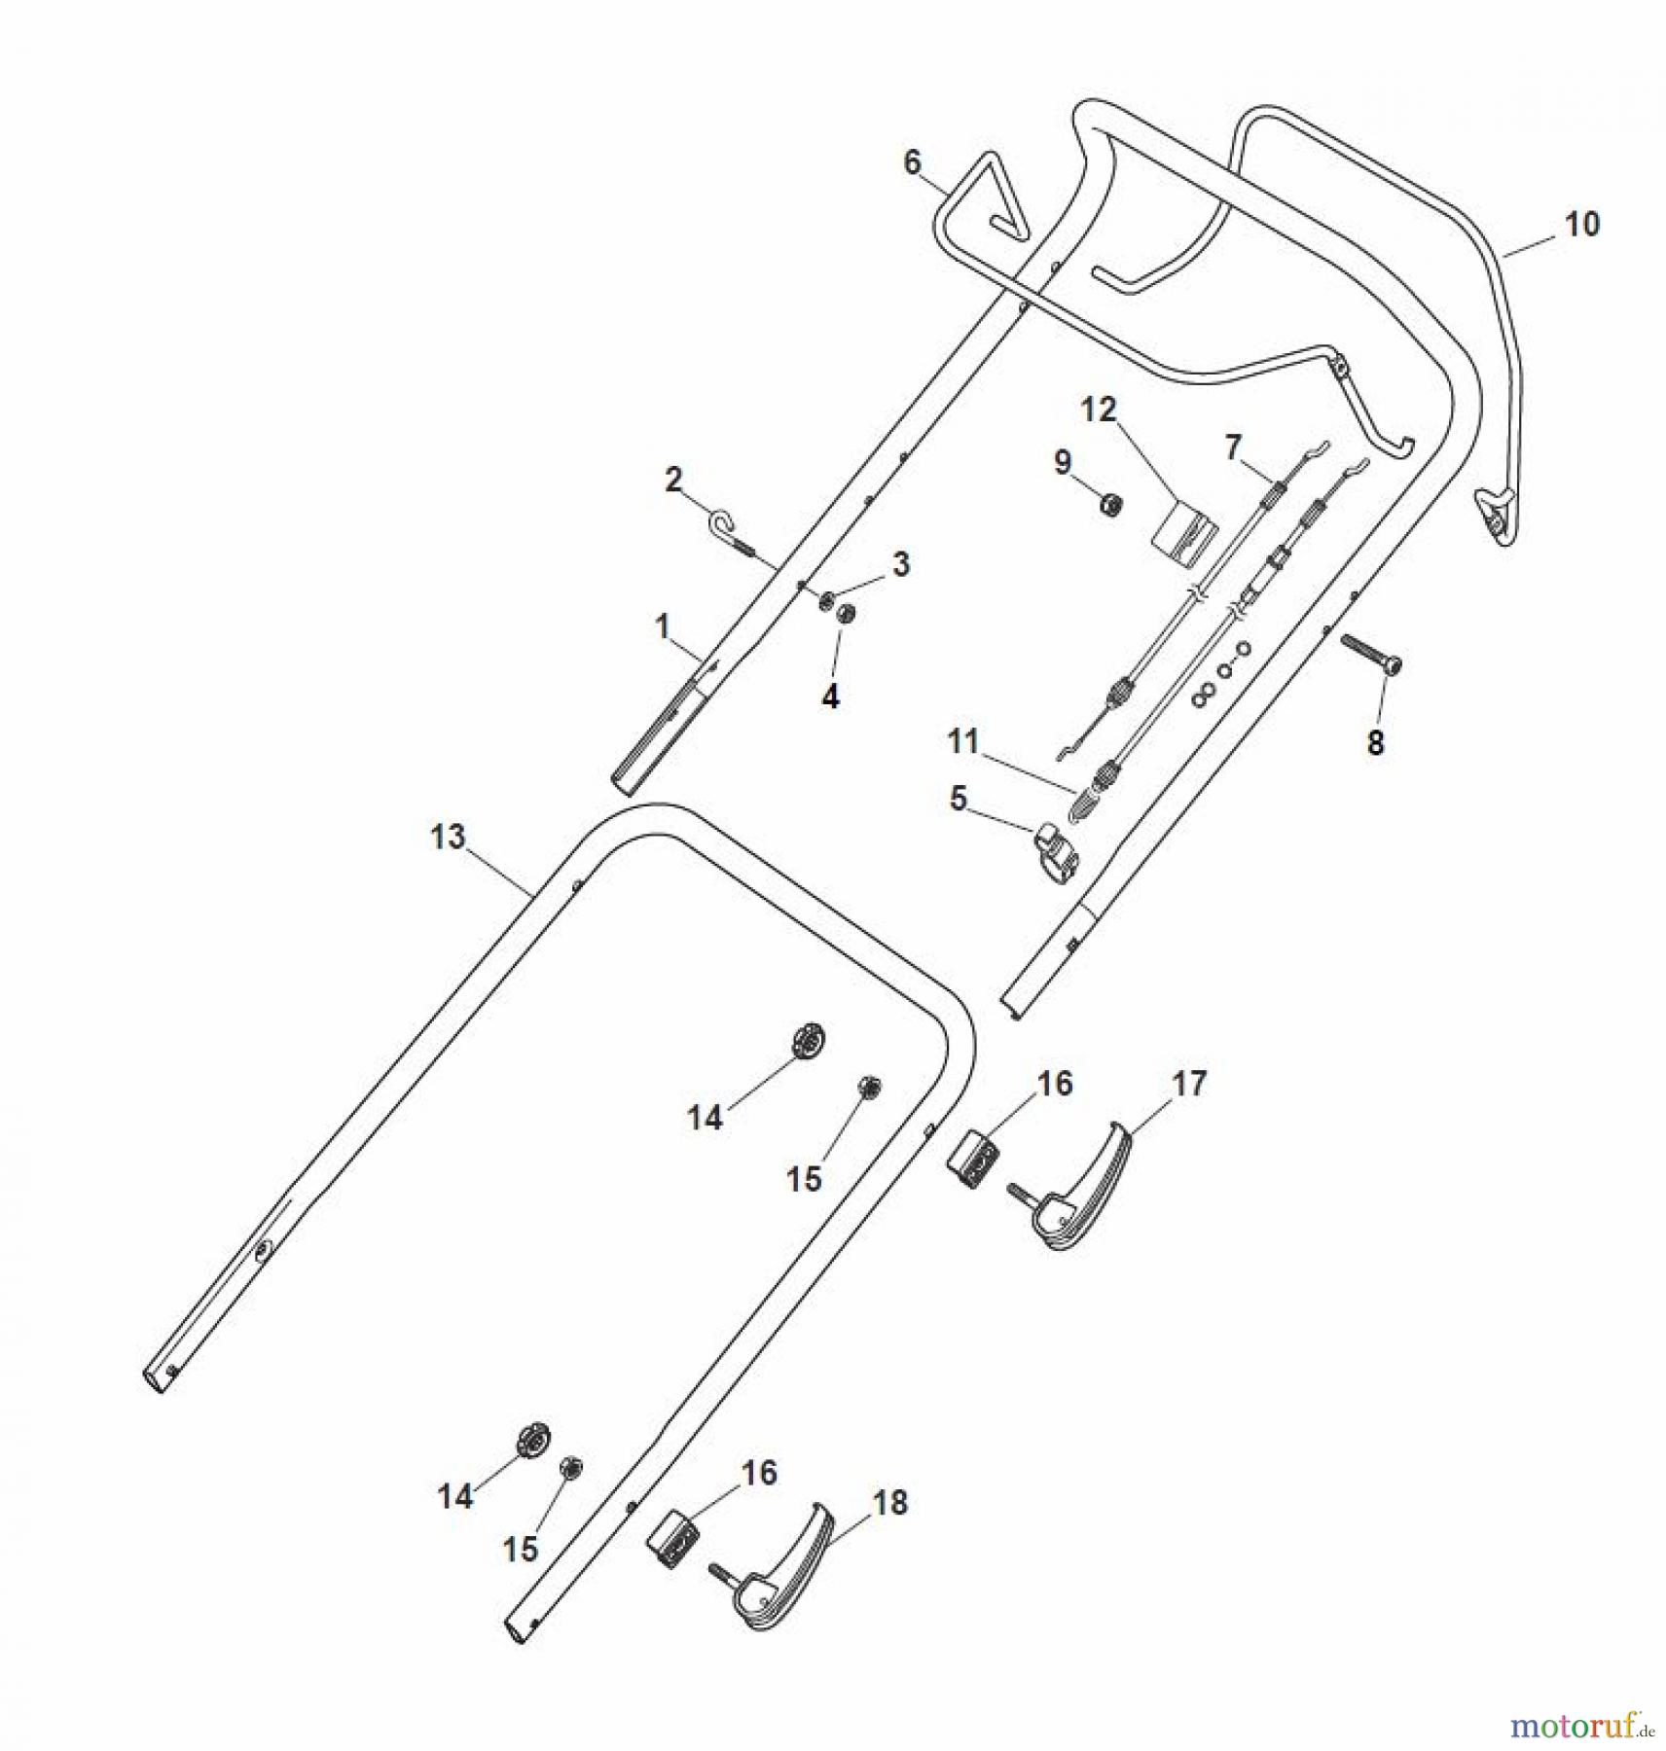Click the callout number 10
coord(1581,225)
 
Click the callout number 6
coord(912,162)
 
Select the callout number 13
coord(448,838)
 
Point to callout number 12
coord(1098,410)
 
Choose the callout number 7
coord(1233,448)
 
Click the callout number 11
coord(962,742)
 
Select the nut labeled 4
coord(846,615)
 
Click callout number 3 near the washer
coord(901,564)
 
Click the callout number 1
coord(663,626)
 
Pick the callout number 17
coord(1189,1083)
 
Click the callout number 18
coord(890,1503)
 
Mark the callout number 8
coord(1374,743)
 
